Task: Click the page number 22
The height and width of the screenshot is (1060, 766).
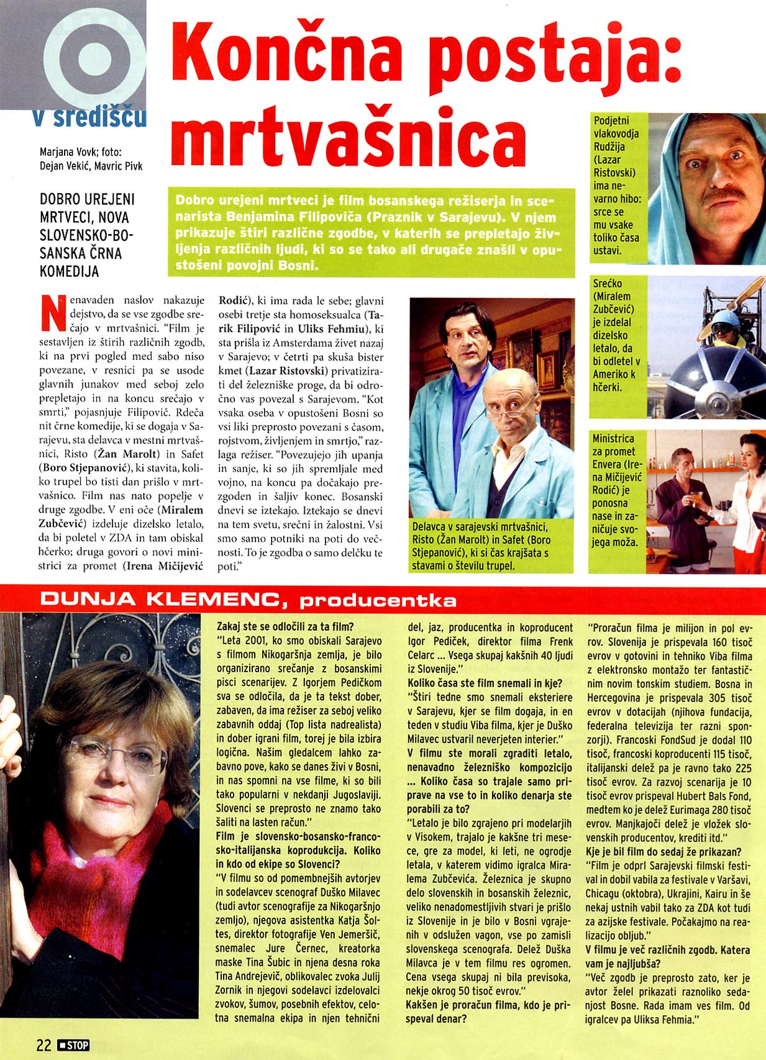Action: pyautogui.click(x=43, y=1044)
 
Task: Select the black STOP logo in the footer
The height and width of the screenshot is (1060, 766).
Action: pyautogui.click(x=73, y=1045)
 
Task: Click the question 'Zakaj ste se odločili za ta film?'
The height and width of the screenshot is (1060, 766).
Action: pyautogui.click(x=285, y=626)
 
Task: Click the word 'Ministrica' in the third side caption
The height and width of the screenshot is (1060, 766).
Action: pyautogui.click(x=614, y=439)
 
